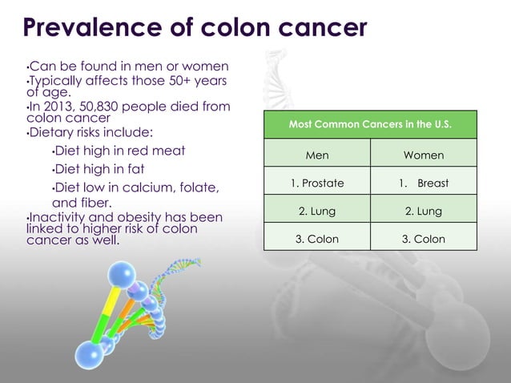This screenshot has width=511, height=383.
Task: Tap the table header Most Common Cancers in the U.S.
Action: (x=370, y=126)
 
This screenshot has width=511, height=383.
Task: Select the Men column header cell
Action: (x=317, y=155)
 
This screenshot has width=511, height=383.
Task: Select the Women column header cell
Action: (x=424, y=155)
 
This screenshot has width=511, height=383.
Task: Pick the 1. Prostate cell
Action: (x=317, y=183)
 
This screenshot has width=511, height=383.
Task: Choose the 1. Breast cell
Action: (x=424, y=183)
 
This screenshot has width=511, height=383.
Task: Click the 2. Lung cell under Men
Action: (x=317, y=212)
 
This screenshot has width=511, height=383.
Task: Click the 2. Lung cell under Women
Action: (x=424, y=212)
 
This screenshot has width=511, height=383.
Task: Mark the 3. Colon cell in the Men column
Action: (x=317, y=239)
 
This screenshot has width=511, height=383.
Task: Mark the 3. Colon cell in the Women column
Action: (x=424, y=239)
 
